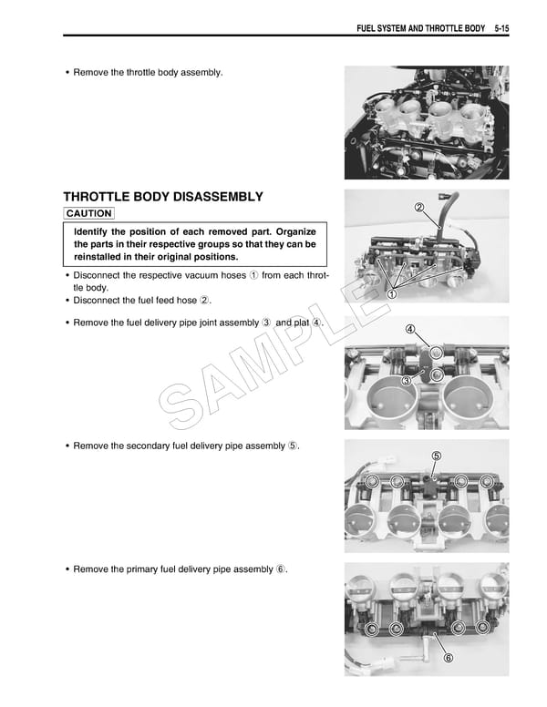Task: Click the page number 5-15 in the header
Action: [x=496, y=28]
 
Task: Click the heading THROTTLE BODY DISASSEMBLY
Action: [x=163, y=197]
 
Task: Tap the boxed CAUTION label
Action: [x=88, y=213]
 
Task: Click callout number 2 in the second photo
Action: [x=418, y=208]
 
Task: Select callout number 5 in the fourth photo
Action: [x=436, y=456]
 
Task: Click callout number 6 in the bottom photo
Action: [x=447, y=658]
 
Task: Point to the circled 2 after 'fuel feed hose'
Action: [x=205, y=301]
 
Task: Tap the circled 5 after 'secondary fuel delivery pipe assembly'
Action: [x=293, y=446]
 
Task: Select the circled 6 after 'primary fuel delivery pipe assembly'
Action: [x=282, y=569]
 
